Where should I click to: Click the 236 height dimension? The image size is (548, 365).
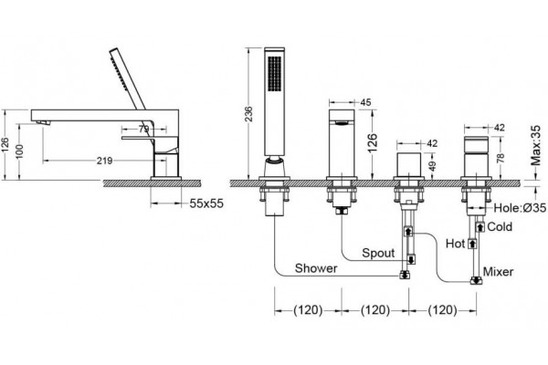(248, 114)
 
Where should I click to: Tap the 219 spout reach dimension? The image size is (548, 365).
(104, 161)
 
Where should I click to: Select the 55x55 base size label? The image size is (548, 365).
(206, 203)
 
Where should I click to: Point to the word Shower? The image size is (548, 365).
(316, 268)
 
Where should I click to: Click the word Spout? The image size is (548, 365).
(378, 254)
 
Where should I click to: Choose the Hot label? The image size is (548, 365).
(455, 244)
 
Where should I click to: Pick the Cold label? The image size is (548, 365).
(500, 226)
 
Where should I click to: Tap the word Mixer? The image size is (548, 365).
(499, 271)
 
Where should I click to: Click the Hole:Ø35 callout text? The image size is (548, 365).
(520, 208)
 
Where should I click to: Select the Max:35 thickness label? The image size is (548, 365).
(535, 146)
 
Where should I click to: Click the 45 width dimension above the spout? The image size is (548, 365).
(365, 102)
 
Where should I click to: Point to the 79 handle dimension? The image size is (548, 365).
(143, 130)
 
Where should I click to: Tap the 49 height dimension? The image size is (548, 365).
(432, 166)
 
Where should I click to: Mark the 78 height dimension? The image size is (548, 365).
(501, 158)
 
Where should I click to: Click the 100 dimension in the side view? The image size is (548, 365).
(19, 151)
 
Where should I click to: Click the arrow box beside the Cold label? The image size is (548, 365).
(480, 227)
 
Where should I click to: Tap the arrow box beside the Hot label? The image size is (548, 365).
(472, 244)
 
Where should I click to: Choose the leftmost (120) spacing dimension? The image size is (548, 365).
(308, 310)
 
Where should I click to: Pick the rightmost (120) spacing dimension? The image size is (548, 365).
(442, 310)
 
